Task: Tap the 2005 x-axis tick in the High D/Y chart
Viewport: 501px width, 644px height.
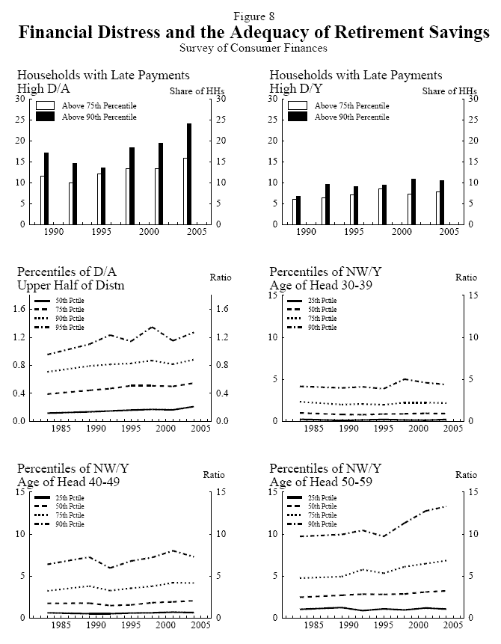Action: pyautogui.click(x=449, y=233)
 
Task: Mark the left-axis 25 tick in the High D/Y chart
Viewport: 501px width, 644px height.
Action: pyautogui.click(x=275, y=120)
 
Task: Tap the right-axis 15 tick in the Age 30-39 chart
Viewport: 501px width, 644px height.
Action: pyautogui.click(x=472, y=295)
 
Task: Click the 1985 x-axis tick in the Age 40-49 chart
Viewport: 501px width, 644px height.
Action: pyautogui.click(x=61, y=626)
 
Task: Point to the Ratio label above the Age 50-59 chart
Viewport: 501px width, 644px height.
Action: pyautogui.click(x=466, y=474)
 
